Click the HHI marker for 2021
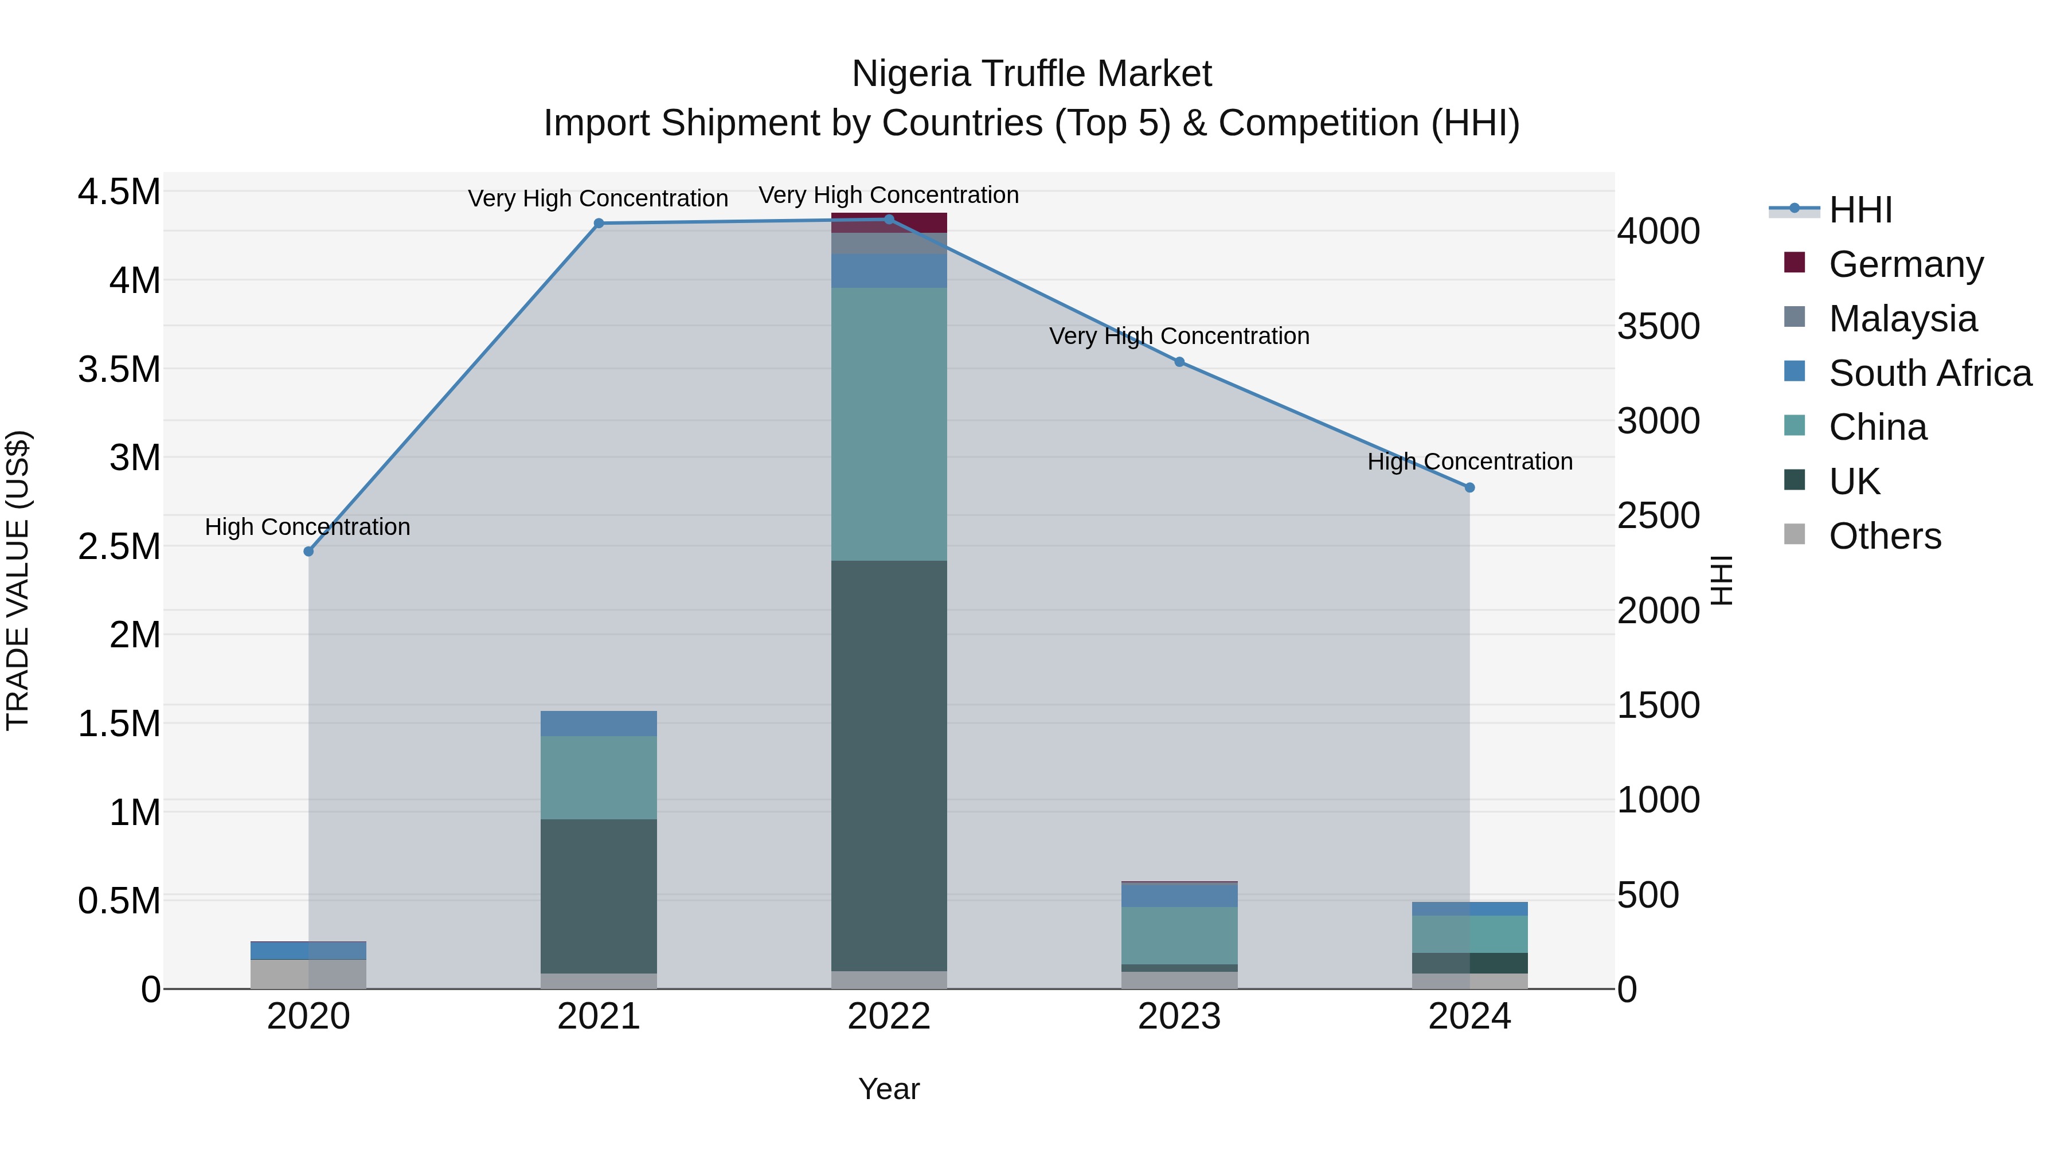[x=599, y=224]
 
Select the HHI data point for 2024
[x=1469, y=487]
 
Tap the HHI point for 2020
[x=308, y=551]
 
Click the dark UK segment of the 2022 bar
[x=889, y=765]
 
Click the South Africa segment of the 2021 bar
[x=599, y=724]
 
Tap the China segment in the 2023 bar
[x=1179, y=935]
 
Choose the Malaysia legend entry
[x=1902, y=319]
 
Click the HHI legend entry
[x=1859, y=210]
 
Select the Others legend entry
[x=1884, y=536]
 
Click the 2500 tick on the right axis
[x=1658, y=516]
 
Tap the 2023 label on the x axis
[x=1179, y=1017]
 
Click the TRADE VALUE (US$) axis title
[x=18, y=580]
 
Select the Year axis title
[x=889, y=1089]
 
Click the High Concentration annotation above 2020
[x=308, y=527]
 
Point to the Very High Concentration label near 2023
[x=1179, y=337]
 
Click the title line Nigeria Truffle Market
[x=1031, y=74]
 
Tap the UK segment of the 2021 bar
[x=599, y=896]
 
